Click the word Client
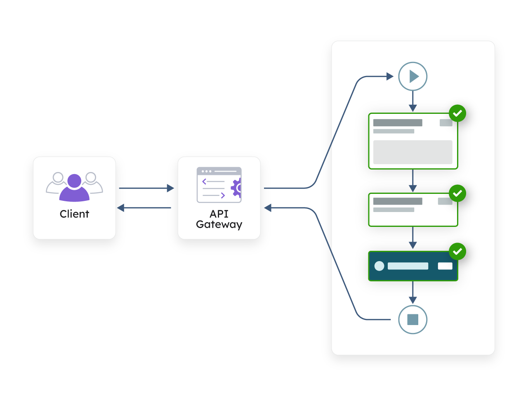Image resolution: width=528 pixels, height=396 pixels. coord(74,214)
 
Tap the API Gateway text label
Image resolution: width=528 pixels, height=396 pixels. coord(219,219)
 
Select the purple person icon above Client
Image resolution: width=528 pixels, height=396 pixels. coord(74,188)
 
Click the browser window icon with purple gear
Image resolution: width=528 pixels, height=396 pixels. coord(219,185)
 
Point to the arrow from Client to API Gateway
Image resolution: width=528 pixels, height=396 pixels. coord(146,188)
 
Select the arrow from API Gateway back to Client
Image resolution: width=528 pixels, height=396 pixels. coord(144,208)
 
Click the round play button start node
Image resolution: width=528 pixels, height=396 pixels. coord(412,76)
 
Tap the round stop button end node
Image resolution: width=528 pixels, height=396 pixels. coord(412,320)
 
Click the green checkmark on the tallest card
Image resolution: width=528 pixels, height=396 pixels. coord(457,113)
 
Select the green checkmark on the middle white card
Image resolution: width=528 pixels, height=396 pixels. coord(457,193)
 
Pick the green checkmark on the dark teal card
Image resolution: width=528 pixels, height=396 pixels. coord(457,251)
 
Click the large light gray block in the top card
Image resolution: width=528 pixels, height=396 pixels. coord(412,152)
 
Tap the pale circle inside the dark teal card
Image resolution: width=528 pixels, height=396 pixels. coord(379,266)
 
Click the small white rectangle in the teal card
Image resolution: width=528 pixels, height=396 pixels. coord(445,266)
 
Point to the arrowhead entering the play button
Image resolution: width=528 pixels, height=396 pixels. coord(390,76)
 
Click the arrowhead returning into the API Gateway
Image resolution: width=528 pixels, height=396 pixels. coord(268,208)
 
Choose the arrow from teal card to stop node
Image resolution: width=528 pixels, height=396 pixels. coord(412,293)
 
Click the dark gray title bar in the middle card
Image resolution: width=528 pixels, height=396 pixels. coord(398,201)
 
